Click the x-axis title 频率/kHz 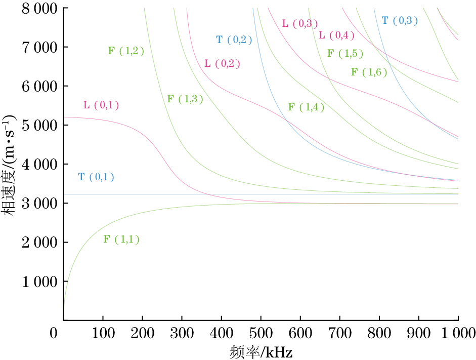coord(262,351)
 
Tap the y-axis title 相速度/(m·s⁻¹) coord(10,165)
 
